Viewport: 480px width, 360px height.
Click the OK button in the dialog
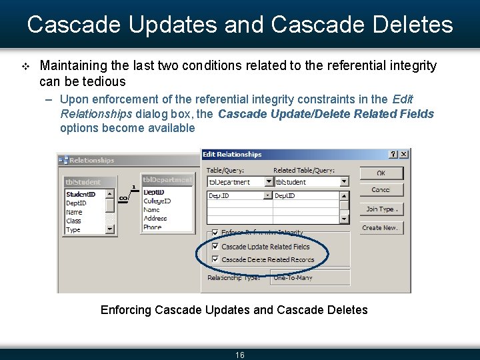click(381, 173)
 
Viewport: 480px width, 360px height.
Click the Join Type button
click(381, 209)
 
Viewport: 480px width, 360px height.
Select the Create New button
click(381, 227)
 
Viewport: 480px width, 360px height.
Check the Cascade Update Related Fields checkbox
click(215, 247)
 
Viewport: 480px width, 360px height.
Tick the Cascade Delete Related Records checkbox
click(215, 259)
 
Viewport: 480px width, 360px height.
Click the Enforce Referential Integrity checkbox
click(215, 233)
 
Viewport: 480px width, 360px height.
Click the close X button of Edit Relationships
click(404, 154)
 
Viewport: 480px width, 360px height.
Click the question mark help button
click(393, 154)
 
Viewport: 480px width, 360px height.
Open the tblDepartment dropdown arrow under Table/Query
click(269, 181)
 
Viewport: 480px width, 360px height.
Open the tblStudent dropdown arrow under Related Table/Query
click(343, 181)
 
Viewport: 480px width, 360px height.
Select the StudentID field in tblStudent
click(81, 195)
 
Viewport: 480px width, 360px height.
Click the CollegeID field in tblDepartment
click(157, 201)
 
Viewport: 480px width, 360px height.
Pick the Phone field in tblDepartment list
click(152, 227)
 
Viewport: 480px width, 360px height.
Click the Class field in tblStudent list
click(73, 221)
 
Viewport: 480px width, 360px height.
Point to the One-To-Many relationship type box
click(309, 277)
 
